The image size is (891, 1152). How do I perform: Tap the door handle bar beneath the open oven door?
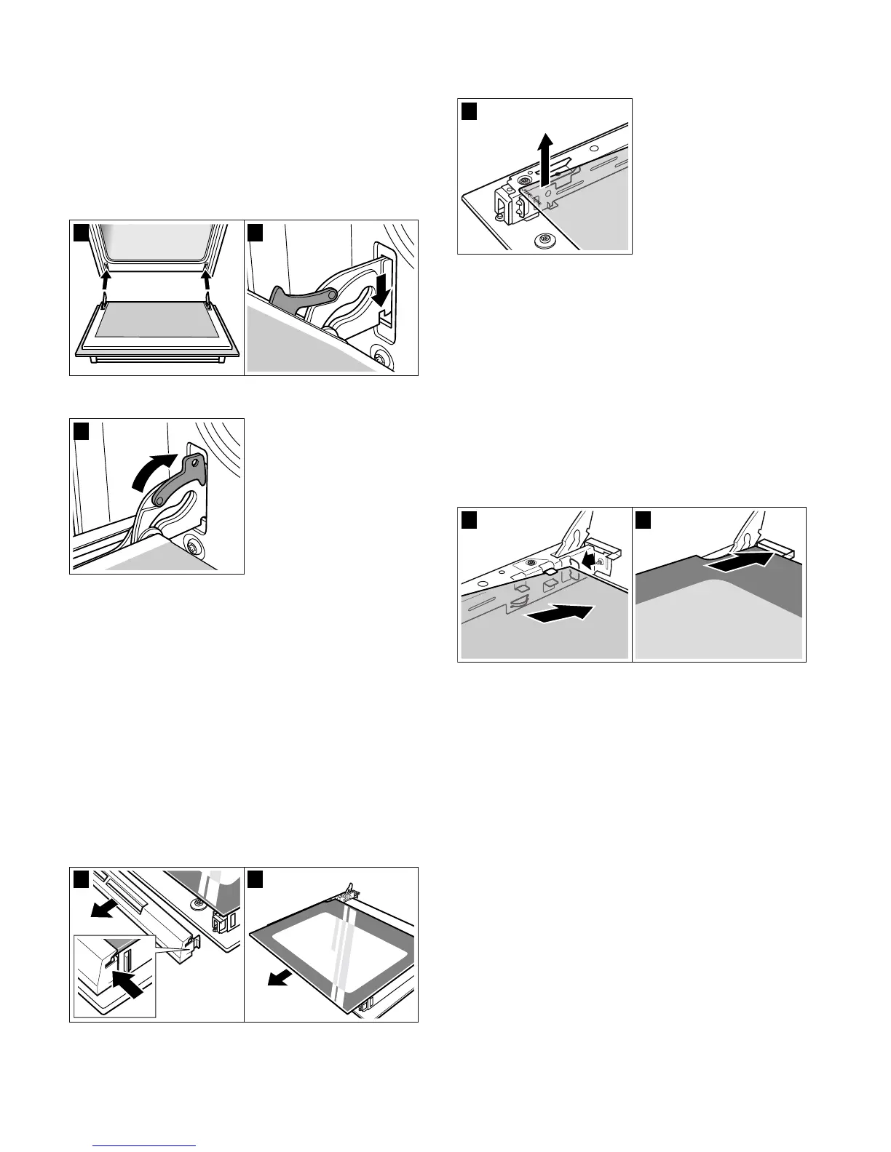tap(157, 359)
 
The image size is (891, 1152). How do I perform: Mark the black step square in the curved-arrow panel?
tap(82, 431)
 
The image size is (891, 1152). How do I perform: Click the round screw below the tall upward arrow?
tap(541, 239)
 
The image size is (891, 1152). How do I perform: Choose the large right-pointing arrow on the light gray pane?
tap(558, 614)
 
